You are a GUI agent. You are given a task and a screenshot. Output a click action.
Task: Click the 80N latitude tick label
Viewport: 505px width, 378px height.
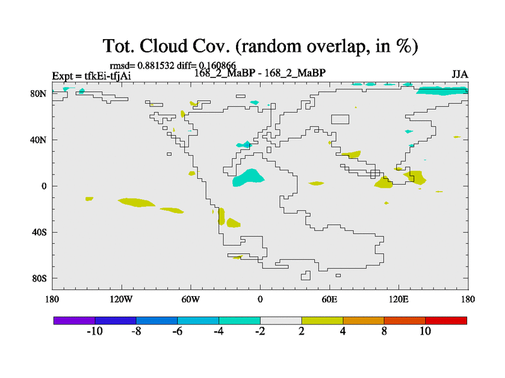tap(39, 94)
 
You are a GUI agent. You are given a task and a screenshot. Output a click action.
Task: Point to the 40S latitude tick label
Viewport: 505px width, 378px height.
tap(39, 232)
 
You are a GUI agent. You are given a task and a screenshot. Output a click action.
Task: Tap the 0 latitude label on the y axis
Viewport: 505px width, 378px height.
tap(44, 186)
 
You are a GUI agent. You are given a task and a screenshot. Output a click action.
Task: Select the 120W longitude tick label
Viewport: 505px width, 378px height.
tap(121, 300)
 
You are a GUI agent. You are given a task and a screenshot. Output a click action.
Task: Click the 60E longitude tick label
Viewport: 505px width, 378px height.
tap(330, 300)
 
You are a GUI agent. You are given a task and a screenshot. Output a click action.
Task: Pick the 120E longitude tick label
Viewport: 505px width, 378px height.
tap(399, 300)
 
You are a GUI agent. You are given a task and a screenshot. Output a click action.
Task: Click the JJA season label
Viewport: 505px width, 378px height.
tap(460, 74)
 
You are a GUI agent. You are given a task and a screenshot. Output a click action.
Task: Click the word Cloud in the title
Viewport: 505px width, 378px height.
tap(163, 46)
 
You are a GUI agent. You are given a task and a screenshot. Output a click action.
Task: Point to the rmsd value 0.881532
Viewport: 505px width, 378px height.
tap(156, 66)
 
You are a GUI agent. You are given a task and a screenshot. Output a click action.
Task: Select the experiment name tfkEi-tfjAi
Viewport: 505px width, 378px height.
tap(107, 76)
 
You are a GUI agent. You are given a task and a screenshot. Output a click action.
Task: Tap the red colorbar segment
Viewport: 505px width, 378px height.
tap(446, 321)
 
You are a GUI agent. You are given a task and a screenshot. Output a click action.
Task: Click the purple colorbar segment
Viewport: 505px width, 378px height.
tap(74, 321)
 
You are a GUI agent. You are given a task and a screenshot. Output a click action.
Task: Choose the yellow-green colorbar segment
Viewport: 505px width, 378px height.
tap(323, 321)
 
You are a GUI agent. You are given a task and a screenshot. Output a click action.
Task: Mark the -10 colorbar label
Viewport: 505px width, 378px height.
tap(95, 331)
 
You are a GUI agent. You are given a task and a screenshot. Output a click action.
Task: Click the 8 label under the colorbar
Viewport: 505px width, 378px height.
tap(384, 331)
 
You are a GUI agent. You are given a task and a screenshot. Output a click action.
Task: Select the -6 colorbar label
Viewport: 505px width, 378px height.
tap(177, 331)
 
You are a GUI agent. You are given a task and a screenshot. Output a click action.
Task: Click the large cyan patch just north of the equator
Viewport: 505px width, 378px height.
tap(247, 178)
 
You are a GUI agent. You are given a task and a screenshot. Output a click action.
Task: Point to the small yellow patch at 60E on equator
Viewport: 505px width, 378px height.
tap(316, 183)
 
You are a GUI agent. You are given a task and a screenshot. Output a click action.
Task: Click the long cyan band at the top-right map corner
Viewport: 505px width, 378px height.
tap(442, 91)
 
